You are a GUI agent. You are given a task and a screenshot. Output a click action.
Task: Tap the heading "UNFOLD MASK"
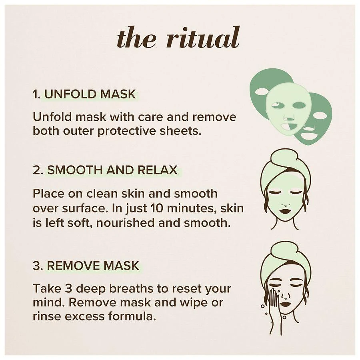click(90, 94)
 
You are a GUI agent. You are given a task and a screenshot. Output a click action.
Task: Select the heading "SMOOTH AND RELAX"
click(112, 170)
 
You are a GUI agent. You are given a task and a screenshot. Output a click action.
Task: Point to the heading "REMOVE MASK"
click(93, 266)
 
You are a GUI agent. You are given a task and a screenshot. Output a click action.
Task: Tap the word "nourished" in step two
click(125, 223)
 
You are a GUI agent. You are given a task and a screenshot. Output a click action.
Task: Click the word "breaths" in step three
click(131, 288)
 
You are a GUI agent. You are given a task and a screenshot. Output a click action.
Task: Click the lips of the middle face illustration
click(285, 211)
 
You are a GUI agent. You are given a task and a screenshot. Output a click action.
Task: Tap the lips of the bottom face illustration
click(286, 304)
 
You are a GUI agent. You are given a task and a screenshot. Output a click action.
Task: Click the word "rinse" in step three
click(47, 316)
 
